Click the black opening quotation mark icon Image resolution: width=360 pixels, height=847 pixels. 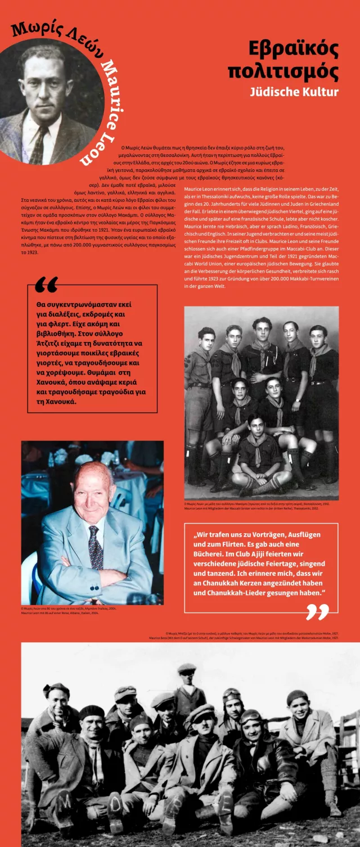46,285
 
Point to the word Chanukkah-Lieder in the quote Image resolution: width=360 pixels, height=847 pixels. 242,593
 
